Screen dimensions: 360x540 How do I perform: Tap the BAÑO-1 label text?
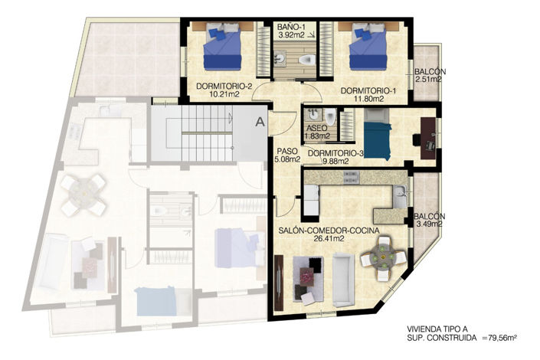[x=290, y=26]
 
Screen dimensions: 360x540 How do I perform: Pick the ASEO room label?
[x=317, y=128]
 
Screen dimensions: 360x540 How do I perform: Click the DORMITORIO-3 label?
[x=335, y=153]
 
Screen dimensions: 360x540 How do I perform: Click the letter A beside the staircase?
[x=260, y=120]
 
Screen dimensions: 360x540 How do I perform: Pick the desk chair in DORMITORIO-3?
[x=417, y=140]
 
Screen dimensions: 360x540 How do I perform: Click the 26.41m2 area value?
[x=326, y=238]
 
